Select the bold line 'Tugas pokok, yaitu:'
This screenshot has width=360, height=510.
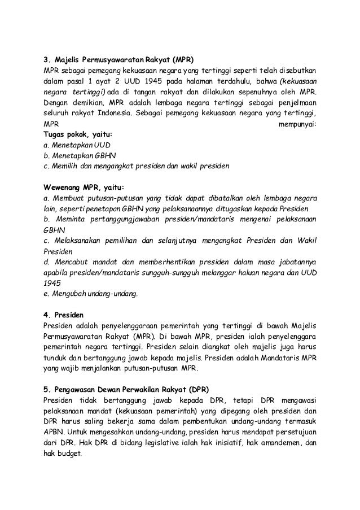click(78, 134)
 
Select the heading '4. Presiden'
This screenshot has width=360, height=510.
click(64, 315)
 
